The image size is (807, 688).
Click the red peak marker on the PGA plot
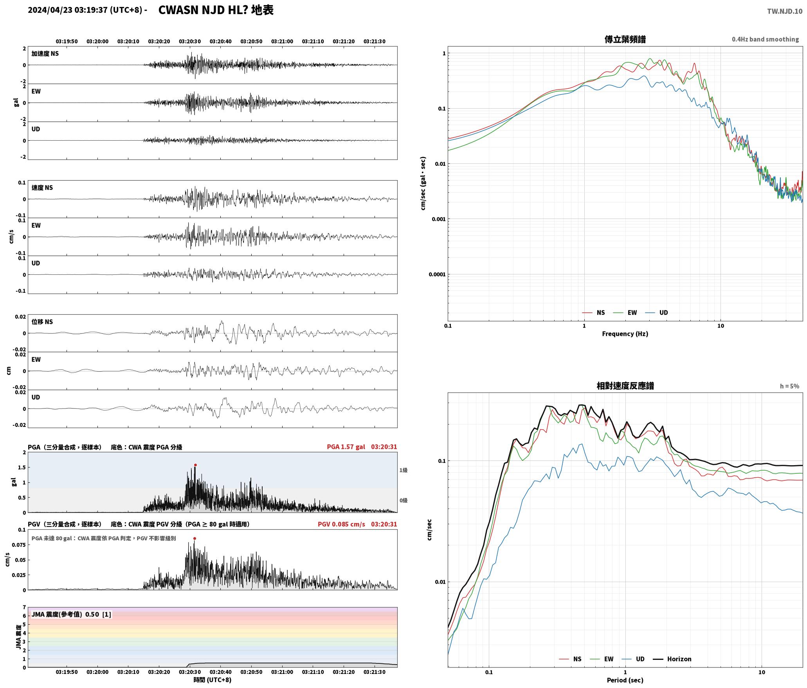(x=195, y=465)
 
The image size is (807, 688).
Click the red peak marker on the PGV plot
(x=195, y=538)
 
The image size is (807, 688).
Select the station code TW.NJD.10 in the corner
(x=785, y=11)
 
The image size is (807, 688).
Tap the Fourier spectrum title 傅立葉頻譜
(x=625, y=39)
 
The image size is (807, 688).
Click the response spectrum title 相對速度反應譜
(x=625, y=385)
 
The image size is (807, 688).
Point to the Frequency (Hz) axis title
(x=625, y=334)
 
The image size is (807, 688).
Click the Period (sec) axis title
(x=625, y=680)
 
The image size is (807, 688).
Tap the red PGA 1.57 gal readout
(x=346, y=447)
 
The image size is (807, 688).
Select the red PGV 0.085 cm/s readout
(x=341, y=524)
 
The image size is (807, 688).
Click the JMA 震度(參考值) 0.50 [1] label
(x=71, y=614)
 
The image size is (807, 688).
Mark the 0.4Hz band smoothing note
(x=765, y=39)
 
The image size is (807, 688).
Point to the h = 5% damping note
(x=789, y=386)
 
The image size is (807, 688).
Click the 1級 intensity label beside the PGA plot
(x=403, y=470)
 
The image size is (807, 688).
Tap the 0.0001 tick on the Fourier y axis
(x=437, y=274)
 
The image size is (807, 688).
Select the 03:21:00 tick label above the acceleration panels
(x=282, y=41)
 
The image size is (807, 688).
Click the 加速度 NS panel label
(x=45, y=54)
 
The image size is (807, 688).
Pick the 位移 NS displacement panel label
(x=42, y=322)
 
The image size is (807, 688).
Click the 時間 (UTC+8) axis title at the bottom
(x=213, y=680)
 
